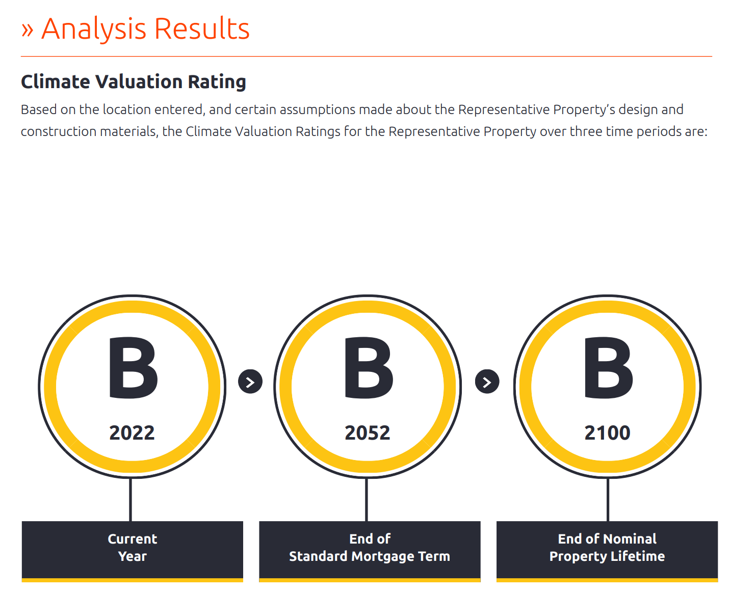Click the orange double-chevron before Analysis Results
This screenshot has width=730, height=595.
[x=28, y=30]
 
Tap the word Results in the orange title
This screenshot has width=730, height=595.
[x=201, y=29]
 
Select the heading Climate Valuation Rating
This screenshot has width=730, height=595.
[x=133, y=82]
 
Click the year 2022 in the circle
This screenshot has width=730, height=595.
[x=132, y=432]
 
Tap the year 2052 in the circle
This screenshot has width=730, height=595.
[x=367, y=432]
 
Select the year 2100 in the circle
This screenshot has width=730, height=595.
[x=607, y=432]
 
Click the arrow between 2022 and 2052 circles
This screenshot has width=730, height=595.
[x=250, y=381]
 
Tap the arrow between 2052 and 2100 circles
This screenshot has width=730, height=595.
[x=487, y=381]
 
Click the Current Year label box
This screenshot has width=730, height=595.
[x=132, y=551]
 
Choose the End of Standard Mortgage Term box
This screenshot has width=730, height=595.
[x=369, y=551]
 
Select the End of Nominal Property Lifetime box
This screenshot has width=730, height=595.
[x=607, y=551]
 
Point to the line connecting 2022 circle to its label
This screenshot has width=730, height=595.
[x=130, y=499]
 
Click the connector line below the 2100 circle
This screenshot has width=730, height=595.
[x=608, y=499]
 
